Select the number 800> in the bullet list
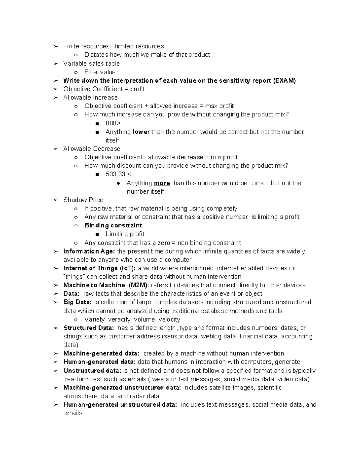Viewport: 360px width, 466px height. [x=113, y=123]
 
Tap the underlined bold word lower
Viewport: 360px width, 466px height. [x=141, y=132]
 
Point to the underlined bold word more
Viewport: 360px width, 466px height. [x=162, y=183]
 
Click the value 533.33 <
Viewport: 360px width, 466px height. [x=118, y=174]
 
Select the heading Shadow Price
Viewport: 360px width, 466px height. [x=83, y=200]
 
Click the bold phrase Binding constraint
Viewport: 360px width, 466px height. [x=113, y=225]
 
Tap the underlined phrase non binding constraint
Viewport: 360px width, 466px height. [x=210, y=243]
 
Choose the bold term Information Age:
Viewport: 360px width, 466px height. [x=89, y=251]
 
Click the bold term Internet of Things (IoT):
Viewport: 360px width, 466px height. [x=99, y=268]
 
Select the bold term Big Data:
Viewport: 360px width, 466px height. [x=77, y=302]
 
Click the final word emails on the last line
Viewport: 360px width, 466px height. [x=73, y=413]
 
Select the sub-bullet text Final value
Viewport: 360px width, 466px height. [x=100, y=72]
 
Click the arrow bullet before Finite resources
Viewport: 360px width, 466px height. [x=55, y=47]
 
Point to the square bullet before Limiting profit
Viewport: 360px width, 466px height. [x=97, y=234]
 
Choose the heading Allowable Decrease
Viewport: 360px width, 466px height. [x=91, y=149]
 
